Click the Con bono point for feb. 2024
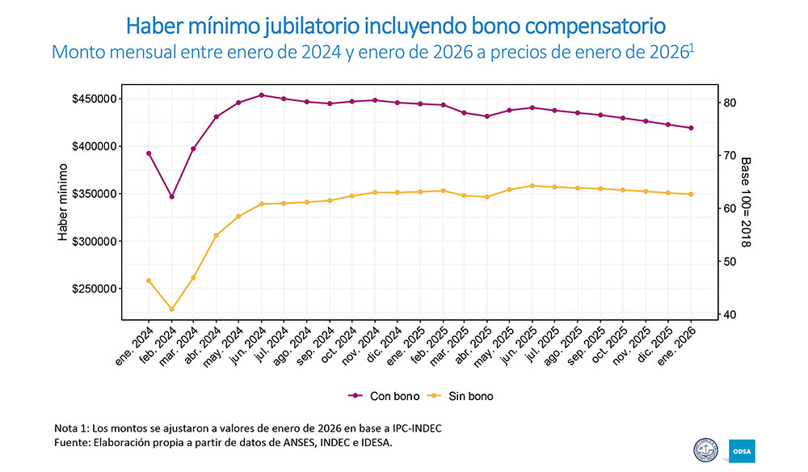coord(171,196)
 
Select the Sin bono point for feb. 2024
coord(171,310)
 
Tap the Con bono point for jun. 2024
coord(261,95)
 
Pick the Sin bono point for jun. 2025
coord(532,186)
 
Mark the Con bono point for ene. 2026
coord(691,128)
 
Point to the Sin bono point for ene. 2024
coord(149,280)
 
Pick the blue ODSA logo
coord(742,450)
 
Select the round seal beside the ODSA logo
coord(707,450)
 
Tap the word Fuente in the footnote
coord(70,443)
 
